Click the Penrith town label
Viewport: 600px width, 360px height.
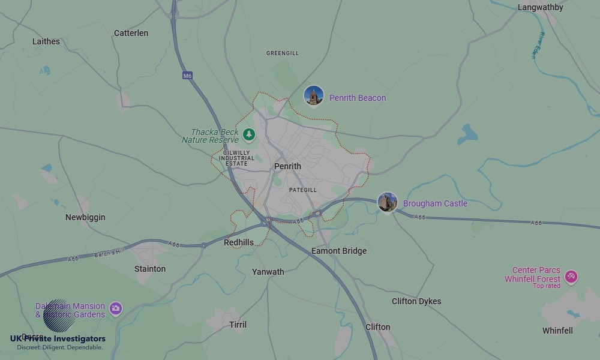287,166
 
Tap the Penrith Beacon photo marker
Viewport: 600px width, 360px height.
313,96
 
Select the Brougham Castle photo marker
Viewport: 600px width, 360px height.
388,202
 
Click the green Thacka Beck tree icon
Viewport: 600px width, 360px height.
248,135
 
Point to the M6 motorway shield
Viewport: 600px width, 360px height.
188,76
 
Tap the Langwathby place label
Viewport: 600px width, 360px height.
540,8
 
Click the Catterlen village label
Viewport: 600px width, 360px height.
131,33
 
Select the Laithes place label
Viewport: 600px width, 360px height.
46,41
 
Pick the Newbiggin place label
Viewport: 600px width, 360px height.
85,217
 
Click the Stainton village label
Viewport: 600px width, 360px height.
150,269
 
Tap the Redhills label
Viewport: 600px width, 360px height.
239,242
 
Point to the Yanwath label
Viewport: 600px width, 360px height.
268,272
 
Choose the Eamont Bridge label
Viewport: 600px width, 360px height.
339,251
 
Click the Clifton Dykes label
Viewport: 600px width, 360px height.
416,301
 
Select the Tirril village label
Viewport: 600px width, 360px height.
238,325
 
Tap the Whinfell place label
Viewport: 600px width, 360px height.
557,331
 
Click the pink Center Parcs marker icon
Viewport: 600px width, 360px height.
571,277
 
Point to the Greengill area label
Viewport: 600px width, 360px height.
283,53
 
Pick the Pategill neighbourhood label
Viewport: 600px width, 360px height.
302,190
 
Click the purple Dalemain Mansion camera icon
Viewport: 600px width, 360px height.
116,308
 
